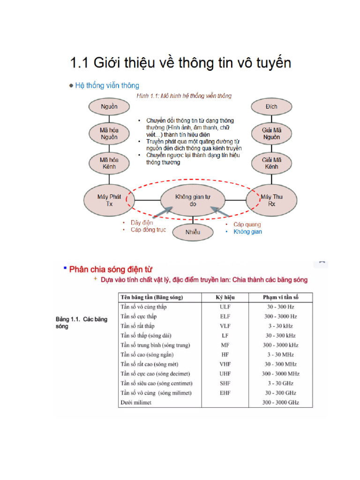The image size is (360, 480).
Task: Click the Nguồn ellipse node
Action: point(109,106)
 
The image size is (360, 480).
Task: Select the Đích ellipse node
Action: point(271,106)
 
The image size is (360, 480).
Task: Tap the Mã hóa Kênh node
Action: point(109,163)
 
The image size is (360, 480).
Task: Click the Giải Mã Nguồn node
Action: point(271,134)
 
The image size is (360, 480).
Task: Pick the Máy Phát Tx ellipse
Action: point(109,200)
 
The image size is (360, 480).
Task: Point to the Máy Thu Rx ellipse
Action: point(268,200)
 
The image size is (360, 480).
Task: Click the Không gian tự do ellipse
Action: point(193,200)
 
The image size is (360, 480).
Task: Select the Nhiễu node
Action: point(193,232)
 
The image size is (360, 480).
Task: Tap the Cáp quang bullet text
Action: point(247,225)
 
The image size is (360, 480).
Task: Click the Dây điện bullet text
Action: point(142,223)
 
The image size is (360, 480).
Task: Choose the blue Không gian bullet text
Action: point(247,232)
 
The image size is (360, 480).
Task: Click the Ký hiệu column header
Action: point(225,297)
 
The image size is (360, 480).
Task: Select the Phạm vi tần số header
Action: point(280,297)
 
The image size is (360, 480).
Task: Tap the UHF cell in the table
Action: point(225,374)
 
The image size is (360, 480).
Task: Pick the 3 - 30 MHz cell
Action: point(280,355)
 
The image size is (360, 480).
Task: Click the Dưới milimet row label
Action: point(136,403)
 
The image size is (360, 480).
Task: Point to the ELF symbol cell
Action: point(225,316)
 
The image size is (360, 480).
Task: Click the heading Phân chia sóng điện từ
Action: point(111,270)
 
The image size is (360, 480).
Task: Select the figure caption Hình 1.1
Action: point(183,96)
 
